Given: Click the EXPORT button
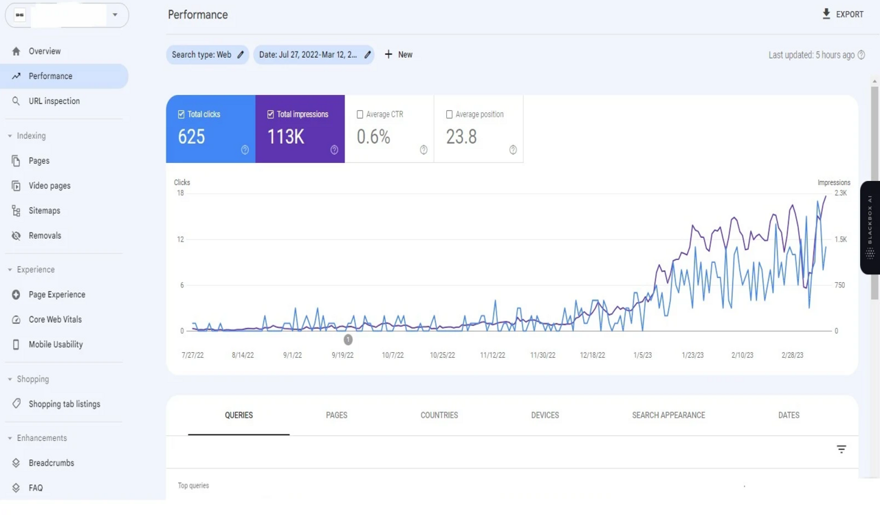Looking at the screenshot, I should (x=842, y=14).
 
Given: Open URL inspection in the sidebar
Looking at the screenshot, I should (x=54, y=101).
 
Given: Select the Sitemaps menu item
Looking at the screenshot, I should (x=44, y=210).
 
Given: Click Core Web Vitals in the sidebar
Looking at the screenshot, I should (x=55, y=319).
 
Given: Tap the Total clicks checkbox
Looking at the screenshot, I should (x=181, y=114).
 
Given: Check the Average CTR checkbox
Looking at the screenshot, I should (x=360, y=114).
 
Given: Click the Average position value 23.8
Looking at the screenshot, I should (x=461, y=137).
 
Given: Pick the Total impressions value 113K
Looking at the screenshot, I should (x=285, y=137).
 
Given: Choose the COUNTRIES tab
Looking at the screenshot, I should (x=439, y=415).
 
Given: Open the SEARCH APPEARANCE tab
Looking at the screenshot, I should (x=668, y=415).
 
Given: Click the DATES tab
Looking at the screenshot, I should (x=789, y=415).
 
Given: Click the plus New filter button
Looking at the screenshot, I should (x=398, y=54).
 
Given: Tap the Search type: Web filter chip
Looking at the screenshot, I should (x=207, y=54).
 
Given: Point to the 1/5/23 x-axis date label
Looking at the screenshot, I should (x=643, y=355).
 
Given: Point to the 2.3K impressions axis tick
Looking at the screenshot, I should (x=840, y=193).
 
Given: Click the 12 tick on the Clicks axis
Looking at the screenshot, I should (x=180, y=239).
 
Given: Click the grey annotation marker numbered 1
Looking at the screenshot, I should (x=348, y=339).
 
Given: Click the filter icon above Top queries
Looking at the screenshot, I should (x=841, y=449).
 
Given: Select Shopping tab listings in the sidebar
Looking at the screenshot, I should (x=64, y=404).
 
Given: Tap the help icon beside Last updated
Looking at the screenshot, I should (x=861, y=55).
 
